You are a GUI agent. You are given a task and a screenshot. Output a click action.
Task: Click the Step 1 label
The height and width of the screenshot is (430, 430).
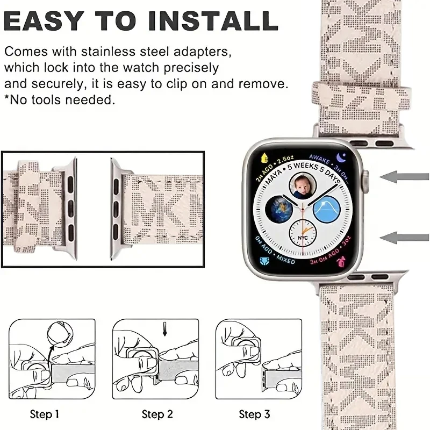[45, 414]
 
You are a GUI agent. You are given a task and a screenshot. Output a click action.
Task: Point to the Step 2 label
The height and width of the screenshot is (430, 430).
[156, 414]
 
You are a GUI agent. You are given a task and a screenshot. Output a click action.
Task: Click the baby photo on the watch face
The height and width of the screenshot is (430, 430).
[302, 186]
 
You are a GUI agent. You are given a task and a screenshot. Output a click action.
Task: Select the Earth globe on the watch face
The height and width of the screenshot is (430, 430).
[280, 210]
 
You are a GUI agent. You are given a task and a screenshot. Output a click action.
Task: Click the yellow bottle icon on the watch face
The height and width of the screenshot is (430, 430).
[264, 158]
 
